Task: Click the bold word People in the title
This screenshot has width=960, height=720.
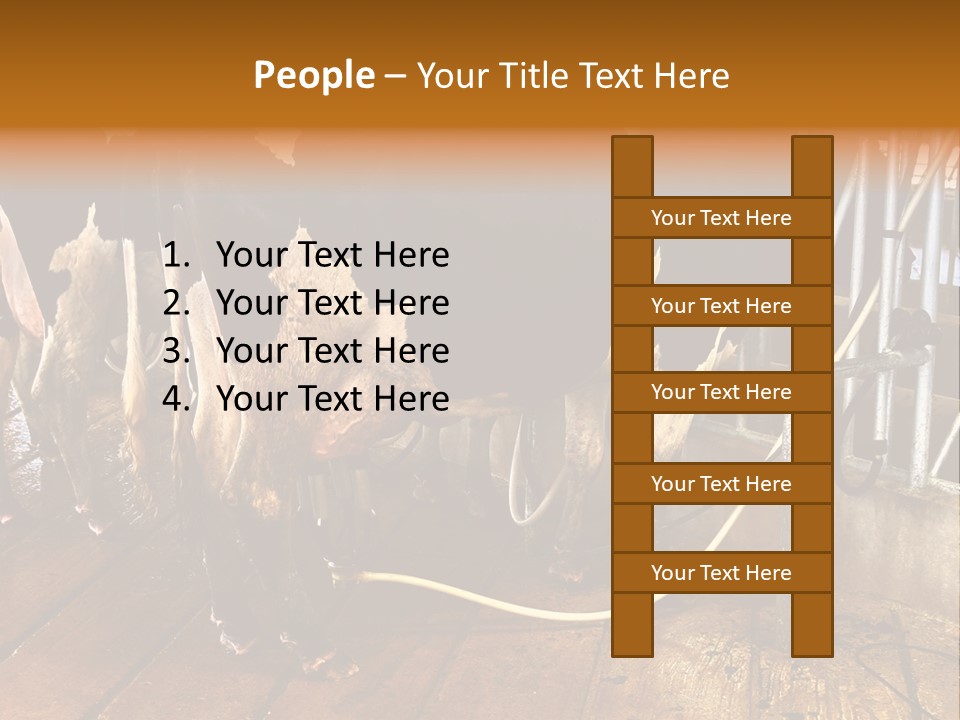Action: click(x=313, y=75)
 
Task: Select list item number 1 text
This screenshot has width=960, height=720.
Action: click(x=332, y=255)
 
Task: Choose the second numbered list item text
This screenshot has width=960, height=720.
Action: click(x=332, y=303)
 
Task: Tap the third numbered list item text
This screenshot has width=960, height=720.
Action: click(x=332, y=351)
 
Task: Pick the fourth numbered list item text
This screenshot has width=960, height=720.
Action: click(x=332, y=399)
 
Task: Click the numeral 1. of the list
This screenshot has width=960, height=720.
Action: click(x=176, y=255)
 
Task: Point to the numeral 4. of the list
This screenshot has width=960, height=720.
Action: click(x=176, y=399)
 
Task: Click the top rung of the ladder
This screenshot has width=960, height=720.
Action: click(x=721, y=218)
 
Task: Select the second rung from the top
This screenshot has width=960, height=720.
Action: click(x=721, y=306)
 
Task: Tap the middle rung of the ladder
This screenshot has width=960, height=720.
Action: click(x=721, y=392)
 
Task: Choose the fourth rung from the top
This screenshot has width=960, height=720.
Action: click(x=721, y=484)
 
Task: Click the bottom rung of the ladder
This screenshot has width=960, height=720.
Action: click(x=721, y=573)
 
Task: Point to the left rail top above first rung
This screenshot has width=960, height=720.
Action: click(x=632, y=166)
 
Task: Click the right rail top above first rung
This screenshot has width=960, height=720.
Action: click(x=812, y=166)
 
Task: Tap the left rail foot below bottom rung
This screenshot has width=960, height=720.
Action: click(x=632, y=625)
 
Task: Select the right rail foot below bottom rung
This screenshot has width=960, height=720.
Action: click(x=812, y=625)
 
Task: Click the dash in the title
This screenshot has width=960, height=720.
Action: click(x=395, y=75)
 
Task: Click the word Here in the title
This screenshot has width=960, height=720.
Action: click(x=693, y=75)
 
